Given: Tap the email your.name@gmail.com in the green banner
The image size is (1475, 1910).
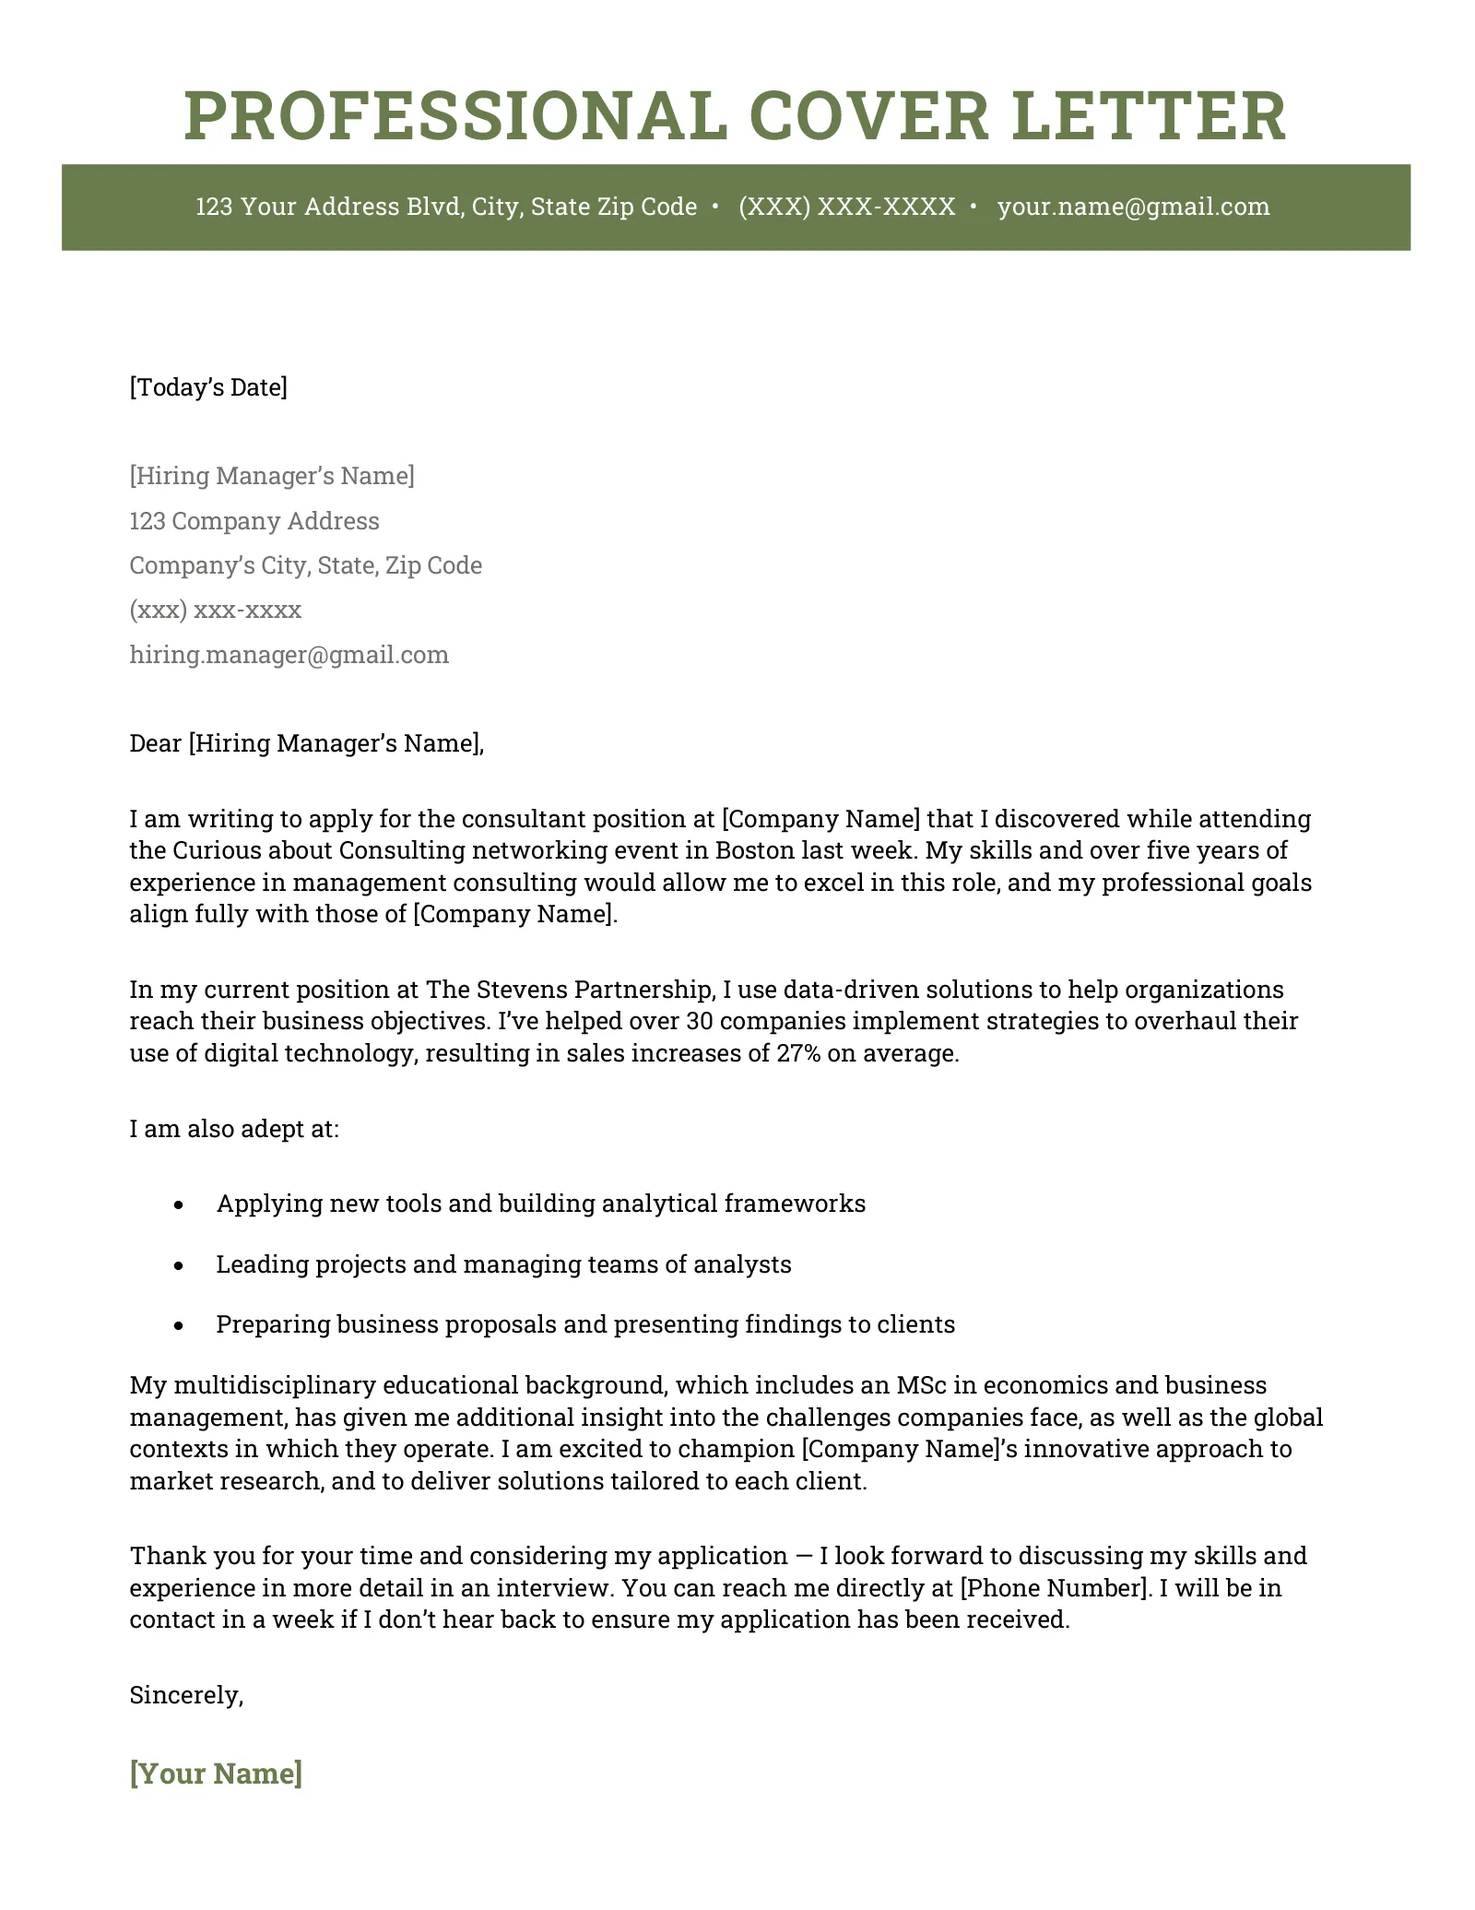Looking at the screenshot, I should [x=1133, y=207].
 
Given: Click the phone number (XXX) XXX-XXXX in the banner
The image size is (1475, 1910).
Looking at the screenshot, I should [x=846, y=207].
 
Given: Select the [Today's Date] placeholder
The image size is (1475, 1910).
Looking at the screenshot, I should [x=208, y=387].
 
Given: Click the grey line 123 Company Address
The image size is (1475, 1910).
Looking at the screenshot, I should [x=254, y=521].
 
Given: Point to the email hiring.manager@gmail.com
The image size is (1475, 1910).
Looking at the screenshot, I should [x=289, y=655].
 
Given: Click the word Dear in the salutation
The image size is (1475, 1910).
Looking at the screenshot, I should [x=156, y=743].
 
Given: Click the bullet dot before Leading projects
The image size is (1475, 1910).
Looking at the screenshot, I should [x=180, y=1265].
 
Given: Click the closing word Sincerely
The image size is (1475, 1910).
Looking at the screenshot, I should [x=184, y=1695].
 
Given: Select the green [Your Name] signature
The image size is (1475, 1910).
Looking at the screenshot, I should [x=216, y=1774].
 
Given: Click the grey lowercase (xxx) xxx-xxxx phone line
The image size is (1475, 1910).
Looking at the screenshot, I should [x=216, y=611].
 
